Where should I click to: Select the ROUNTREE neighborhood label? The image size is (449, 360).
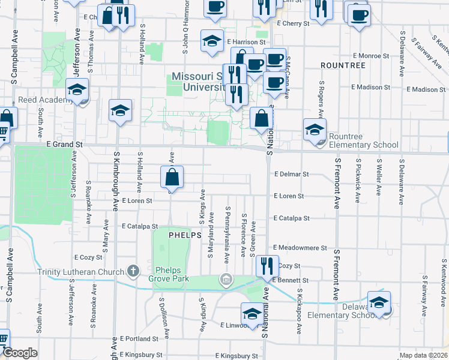pyautogui.click(x=343, y=65)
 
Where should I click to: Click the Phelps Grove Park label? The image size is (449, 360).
pyautogui.click(x=172, y=274)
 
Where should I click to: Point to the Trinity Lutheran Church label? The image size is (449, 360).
pyautogui.click(x=82, y=272)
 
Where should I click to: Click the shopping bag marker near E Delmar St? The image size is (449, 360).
pyautogui.click(x=172, y=177)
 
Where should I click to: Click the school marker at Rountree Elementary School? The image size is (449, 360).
pyautogui.click(x=315, y=129)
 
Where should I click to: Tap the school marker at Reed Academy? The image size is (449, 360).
pyautogui.click(x=77, y=89)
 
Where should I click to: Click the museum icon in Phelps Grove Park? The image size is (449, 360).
pyautogui.click(x=226, y=278)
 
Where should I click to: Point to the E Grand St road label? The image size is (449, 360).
pyautogui.click(x=64, y=145)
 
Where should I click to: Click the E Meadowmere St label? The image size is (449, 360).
pyautogui.click(x=300, y=247)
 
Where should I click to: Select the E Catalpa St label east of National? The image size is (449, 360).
pyautogui.click(x=291, y=219)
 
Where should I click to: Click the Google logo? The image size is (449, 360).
pyautogui.click(x=20, y=353)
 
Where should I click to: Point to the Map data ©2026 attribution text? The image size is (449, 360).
pyautogui.click(x=424, y=355)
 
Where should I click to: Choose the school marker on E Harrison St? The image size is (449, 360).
pyautogui.click(x=211, y=41)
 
